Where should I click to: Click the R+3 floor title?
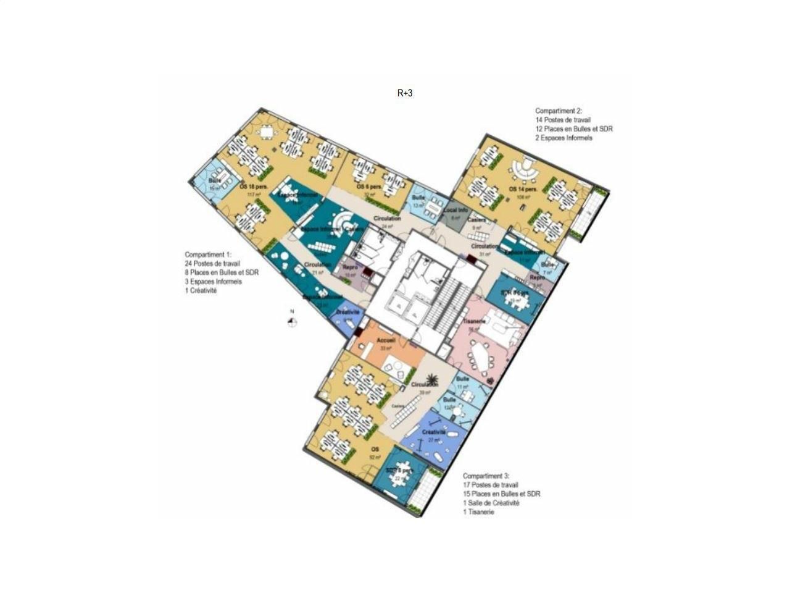click(404, 93)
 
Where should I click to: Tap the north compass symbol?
click(293, 321)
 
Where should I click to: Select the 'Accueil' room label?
click(386, 340)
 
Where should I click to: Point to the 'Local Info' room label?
click(455, 211)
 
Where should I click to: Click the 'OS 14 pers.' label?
click(522, 188)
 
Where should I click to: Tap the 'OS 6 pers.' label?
click(368, 187)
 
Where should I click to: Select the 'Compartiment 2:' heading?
click(559, 111)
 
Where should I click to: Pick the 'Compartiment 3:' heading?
click(486, 476)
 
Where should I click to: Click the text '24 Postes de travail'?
click(213, 264)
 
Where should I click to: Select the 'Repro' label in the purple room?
click(350, 268)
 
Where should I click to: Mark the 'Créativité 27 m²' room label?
click(433, 433)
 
